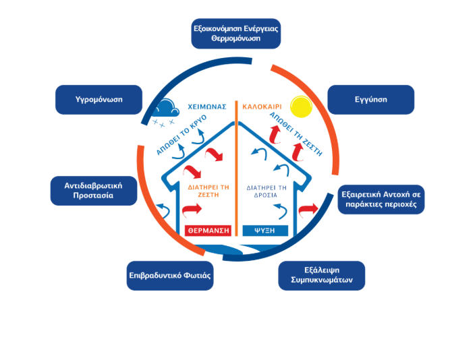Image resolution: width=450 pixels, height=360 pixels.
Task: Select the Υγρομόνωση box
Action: (99, 100)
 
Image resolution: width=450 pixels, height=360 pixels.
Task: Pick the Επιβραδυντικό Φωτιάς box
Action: (171, 275)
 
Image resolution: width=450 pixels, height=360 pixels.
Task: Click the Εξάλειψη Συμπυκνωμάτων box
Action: (321, 275)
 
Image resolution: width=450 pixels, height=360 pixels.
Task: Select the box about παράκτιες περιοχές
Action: (382, 200)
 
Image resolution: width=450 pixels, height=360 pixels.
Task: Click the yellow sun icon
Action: (300, 109)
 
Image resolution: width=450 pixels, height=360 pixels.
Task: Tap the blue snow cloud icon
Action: (165, 111)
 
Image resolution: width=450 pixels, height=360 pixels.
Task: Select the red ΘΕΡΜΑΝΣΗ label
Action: (208, 230)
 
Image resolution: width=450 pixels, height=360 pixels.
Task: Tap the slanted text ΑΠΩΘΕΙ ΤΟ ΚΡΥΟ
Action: (181, 136)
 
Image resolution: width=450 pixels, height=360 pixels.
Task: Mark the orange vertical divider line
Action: (236, 169)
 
